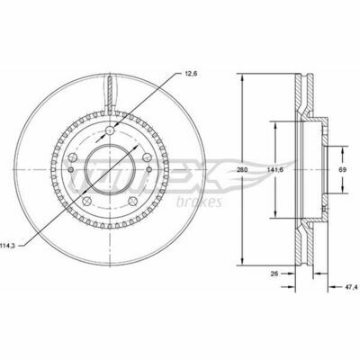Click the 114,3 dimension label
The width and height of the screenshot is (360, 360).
pyautogui.click(x=8, y=246)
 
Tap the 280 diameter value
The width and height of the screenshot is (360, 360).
pyautogui.click(x=242, y=170)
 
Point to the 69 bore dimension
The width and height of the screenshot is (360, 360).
pyautogui.click(x=343, y=170)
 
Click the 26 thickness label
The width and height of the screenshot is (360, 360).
pyautogui.click(x=274, y=274)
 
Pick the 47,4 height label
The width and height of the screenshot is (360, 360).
pyautogui.click(x=351, y=287)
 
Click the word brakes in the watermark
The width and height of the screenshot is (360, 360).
pyautogui.click(x=199, y=202)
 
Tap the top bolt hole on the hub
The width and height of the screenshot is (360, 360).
pyautogui.click(x=110, y=130)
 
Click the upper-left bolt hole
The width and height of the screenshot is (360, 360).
pyautogui.click(x=73, y=157)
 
